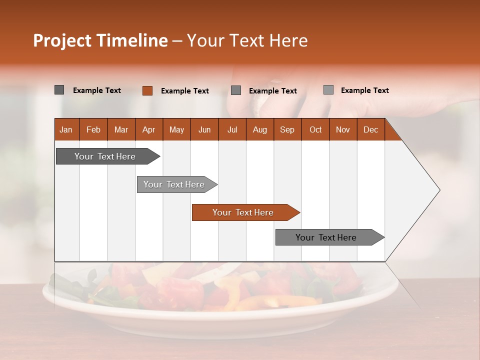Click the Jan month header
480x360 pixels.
click(x=66, y=129)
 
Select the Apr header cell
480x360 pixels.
click(x=149, y=129)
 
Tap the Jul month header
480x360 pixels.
click(x=232, y=129)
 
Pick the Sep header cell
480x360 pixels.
click(x=287, y=129)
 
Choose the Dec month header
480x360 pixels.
click(x=370, y=129)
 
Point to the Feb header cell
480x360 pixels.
click(x=93, y=129)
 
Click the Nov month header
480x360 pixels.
click(x=343, y=129)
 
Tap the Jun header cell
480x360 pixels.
click(x=204, y=129)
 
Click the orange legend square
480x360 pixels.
click(x=147, y=90)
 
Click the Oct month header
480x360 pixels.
click(x=315, y=129)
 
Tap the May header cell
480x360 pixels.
click(x=176, y=129)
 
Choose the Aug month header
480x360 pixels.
click(x=260, y=129)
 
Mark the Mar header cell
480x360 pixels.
click(x=121, y=129)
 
